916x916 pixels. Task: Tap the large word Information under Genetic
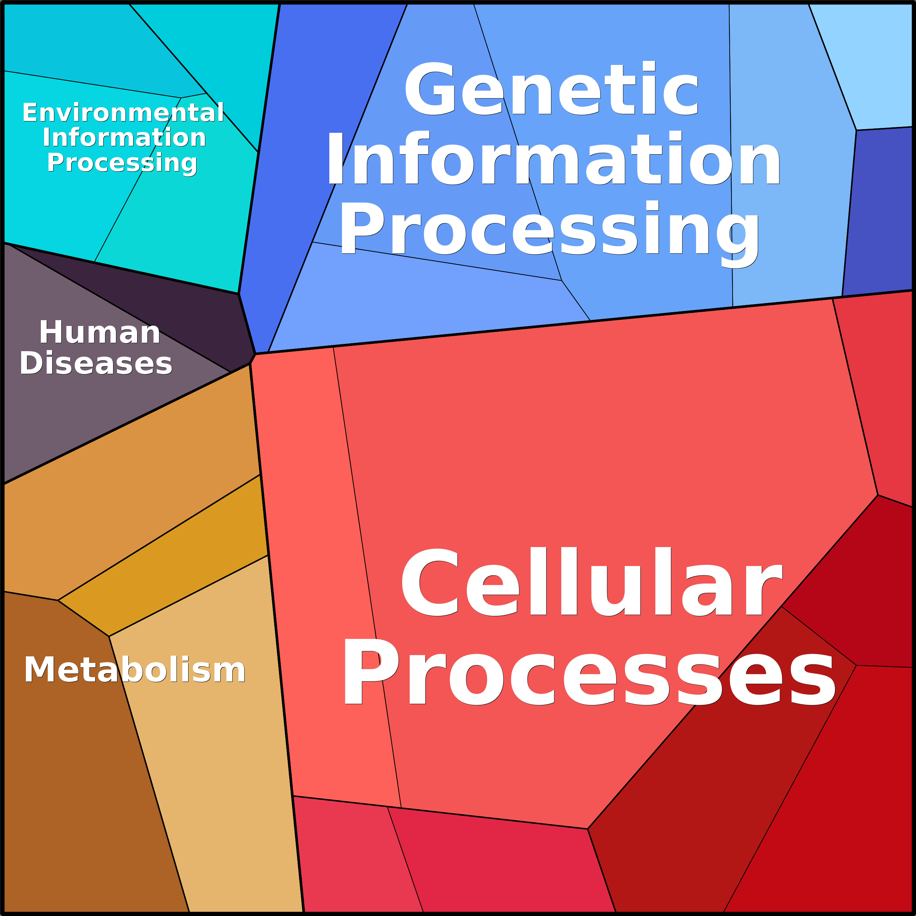tap(553, 159)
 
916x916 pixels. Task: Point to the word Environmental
tap(123, 113)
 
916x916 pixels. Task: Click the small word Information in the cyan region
tap(124, 137)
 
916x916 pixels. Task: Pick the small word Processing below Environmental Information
tap(122, 163)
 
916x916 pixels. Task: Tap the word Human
tap(100, 333)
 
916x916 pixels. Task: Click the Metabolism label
tap(135, 670)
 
